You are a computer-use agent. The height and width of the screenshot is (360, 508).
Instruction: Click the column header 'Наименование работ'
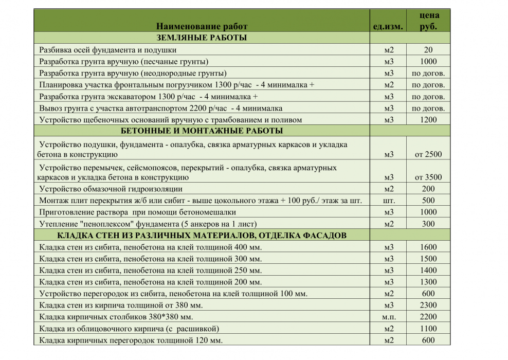point(202,26)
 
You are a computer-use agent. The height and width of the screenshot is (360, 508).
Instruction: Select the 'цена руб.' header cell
point(428,21)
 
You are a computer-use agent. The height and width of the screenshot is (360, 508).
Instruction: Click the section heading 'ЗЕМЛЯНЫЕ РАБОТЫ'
point(202,38)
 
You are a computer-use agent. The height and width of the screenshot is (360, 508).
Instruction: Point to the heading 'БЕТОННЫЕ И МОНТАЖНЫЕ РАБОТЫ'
point(202,131)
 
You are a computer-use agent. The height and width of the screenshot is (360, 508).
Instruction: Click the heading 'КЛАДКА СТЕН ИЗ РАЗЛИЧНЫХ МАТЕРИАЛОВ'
point(202,236)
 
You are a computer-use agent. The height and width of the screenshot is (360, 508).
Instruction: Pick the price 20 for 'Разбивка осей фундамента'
point(428,50)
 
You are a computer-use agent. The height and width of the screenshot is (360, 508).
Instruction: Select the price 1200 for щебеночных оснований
point(428,120)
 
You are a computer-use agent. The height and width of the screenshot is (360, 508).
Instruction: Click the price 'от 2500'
point(428,154)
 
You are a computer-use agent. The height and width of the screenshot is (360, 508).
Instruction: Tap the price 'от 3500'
point(428,177)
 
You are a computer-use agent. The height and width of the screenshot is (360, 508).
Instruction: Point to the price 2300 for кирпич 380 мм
point(428,305)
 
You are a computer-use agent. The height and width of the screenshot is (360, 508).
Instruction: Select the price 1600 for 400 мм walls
point(428,247)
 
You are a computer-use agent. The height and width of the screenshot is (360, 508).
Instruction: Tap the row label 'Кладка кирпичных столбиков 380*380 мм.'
point(116,317)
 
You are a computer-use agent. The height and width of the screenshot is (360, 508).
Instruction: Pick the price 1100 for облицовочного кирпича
point(428,329)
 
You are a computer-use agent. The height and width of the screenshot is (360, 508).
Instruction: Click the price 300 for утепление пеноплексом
point(428,224)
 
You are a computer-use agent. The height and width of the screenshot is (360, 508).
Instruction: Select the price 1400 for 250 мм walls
point(428,271)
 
